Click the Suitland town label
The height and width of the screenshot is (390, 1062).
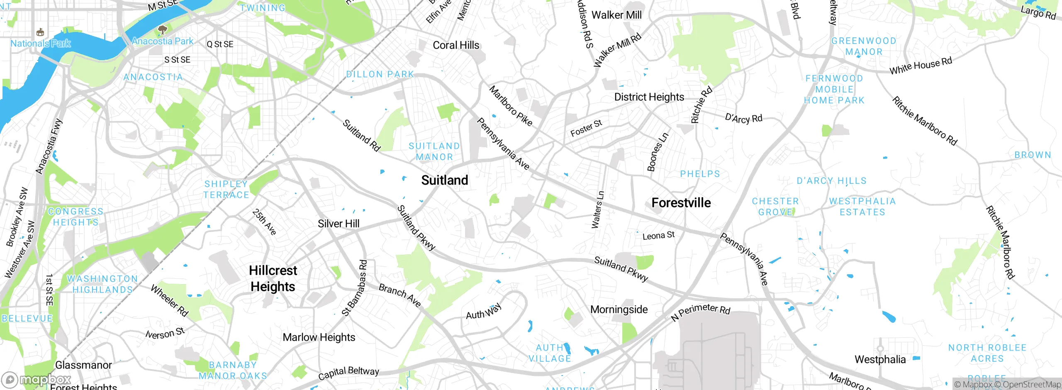click(444, 180)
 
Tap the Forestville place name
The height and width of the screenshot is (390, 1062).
click(681, 203)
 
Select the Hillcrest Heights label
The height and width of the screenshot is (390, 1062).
click(273, 278)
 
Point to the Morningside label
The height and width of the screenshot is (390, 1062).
click(619, 310)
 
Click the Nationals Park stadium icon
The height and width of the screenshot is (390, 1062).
click(40, 32)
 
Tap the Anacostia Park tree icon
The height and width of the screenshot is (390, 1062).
click(163, 29)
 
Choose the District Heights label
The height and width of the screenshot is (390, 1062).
click(649, 97)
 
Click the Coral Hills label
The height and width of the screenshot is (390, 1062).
click(455, 45)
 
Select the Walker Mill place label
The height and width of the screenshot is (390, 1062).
click(616, 15)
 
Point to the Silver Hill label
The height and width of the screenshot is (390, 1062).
click(339, 224)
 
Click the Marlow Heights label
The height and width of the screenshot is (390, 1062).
click(319, 337)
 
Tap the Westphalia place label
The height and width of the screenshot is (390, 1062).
click(880, 359)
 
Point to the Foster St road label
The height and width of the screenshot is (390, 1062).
click(586, 128)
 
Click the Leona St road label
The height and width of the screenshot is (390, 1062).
click(658, 236)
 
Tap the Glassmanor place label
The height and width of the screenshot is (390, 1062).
click(83, 365)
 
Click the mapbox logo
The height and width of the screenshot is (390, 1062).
click(37, 380)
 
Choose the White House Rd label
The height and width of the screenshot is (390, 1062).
click(921, 66)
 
